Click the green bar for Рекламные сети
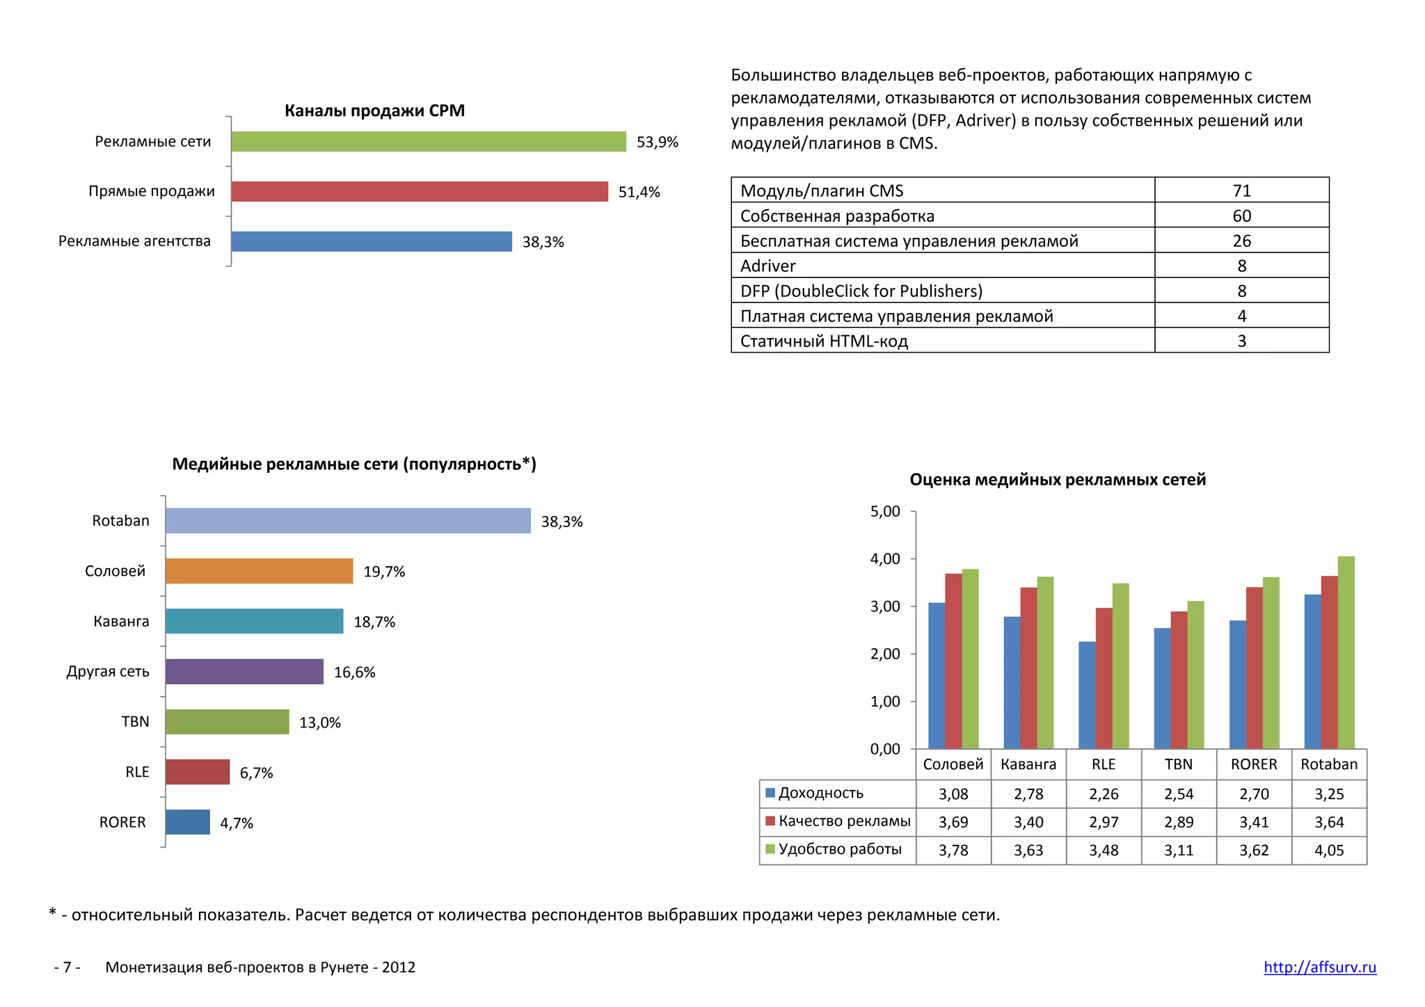point(428,141)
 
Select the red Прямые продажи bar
point(419,191)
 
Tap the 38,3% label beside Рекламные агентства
point(543,242)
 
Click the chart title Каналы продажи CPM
point(374,111)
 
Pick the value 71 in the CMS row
point(1241,191)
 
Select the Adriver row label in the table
point(768,266)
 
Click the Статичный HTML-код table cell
point(824,341)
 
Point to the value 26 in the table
point(1241,241)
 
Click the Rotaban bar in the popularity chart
point(348,521)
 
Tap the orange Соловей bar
point(259,571)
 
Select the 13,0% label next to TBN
point(320,723)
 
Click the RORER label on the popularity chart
point(122,822)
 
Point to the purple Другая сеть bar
point(244,672)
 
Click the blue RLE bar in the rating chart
point(1087,695)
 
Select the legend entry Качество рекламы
point(844,821)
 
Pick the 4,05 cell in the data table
point(1329,850)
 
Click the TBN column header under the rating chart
point(1179,764)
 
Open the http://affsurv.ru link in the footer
point(1319,967)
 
